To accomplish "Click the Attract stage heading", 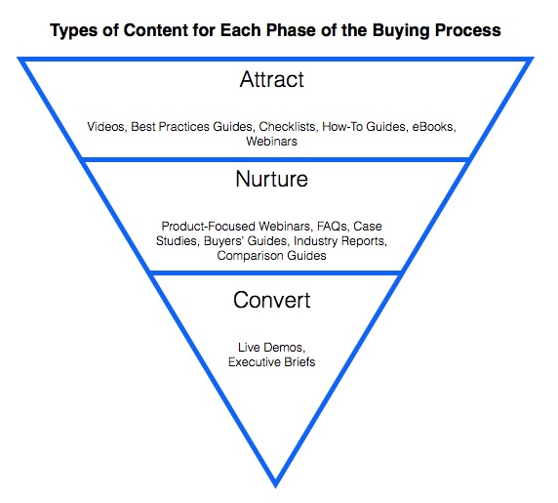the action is (272, 79).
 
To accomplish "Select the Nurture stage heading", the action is (271, 179).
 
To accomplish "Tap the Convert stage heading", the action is (272, 300).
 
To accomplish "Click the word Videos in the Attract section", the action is (106, 127).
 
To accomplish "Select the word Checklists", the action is (287, 127).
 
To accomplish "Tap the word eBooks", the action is (434, 127).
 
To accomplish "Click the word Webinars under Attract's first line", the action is (271, 142).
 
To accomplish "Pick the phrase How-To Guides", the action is (365, 127).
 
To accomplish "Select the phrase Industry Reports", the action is (340, 241).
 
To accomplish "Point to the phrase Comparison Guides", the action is (271, 256).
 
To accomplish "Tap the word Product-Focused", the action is (208, 227).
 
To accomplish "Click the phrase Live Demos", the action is (271, 348).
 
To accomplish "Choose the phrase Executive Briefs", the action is (271, 362).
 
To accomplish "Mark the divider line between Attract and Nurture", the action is (275, 159).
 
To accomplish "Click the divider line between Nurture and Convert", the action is (275, 272).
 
